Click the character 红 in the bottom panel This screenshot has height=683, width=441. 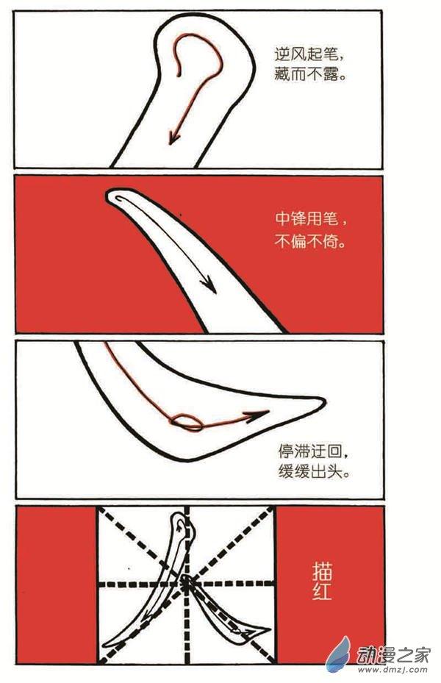click(x=322, y=592)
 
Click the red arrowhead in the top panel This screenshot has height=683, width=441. click(x=173, y=137)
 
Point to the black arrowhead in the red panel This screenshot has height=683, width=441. click(x=209, y=285)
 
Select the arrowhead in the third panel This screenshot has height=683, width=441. click(x=258, y=415)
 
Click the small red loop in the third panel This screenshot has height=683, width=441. click(x=187, y=422)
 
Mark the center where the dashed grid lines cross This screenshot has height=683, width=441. click(x=187, y=583)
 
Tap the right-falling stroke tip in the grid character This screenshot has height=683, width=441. click(x=268, y=628)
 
